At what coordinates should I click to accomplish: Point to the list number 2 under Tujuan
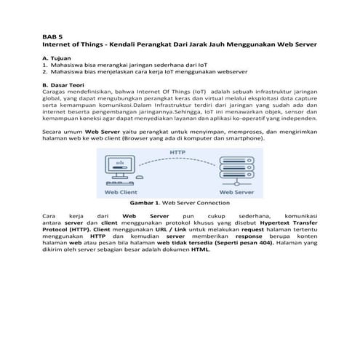pos(45,72)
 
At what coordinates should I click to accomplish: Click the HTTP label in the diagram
pos(179,153)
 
